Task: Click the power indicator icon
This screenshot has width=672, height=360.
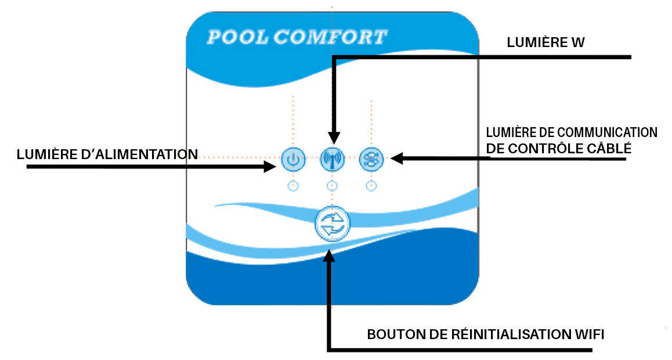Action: [293, 159]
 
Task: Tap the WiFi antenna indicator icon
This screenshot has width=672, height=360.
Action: [332, 159]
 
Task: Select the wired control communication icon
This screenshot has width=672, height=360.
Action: [371, 159]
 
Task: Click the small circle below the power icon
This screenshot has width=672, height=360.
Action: [293, 186]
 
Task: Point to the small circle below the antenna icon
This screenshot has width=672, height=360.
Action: [332, 186]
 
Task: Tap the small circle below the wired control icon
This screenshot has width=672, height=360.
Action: [371, 186]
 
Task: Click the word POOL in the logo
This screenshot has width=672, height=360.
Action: [237, 38]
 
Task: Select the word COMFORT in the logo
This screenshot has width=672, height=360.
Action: [330, 38]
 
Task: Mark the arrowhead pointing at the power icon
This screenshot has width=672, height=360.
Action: [270, 167]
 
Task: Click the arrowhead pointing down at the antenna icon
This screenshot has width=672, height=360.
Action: [333, 138]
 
